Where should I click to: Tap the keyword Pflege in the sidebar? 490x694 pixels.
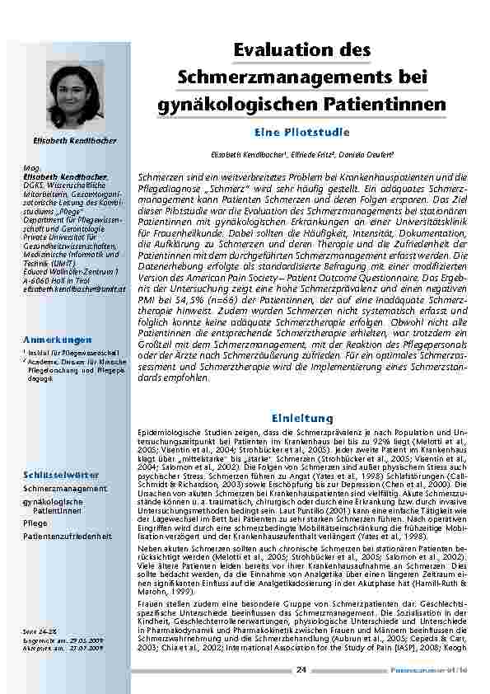click(35, 523)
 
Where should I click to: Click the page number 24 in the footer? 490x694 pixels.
click(301, 670)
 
